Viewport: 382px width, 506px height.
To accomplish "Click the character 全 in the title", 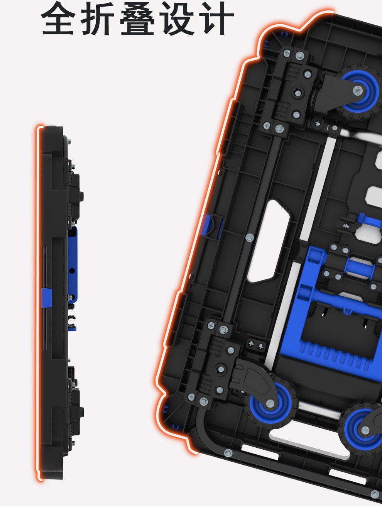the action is tap(58, 19).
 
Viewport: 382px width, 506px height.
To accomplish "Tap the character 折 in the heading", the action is tap(98, 19).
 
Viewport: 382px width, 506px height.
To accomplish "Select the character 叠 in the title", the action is tap(137, 19).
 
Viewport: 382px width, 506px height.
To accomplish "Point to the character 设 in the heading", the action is tap(177, 19).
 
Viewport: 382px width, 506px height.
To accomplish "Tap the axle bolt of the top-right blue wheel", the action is tap(358, 90).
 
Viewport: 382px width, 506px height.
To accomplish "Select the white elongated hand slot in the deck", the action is tap(268, 241).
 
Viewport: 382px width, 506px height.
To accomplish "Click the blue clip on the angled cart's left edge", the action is tap(207, 225).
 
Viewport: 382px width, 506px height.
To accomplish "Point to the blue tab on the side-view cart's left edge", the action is tap(46, 298).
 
